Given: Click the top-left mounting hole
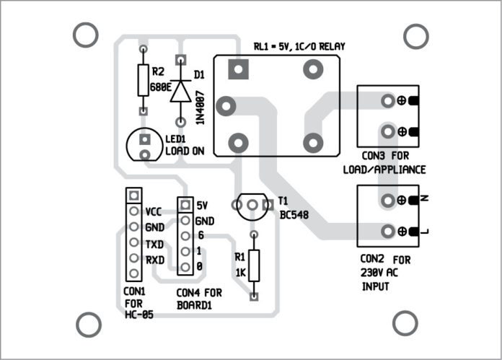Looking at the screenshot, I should coord(86,34).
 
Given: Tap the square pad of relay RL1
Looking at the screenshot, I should coord(236,69).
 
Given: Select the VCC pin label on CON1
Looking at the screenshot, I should coord(154,212).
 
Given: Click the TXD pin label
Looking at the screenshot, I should coord(154,244).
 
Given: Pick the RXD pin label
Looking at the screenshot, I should coord(154,260).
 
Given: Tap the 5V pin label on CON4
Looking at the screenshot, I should coord(203,205).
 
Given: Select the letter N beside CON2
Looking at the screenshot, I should coord(424,197).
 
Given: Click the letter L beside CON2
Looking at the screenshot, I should coord(424,230).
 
